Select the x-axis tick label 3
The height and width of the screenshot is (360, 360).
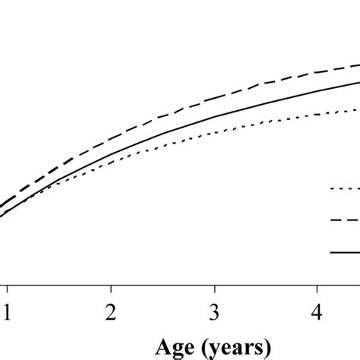click(216, 313)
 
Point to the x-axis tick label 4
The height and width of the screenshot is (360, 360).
click(319, 313)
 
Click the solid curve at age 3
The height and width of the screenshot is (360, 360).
click(216, 117)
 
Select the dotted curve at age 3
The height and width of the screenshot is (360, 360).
click(216, 133)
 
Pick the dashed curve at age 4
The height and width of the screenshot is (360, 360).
click(319, 73)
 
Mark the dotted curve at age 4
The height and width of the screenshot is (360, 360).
click(319, 115)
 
